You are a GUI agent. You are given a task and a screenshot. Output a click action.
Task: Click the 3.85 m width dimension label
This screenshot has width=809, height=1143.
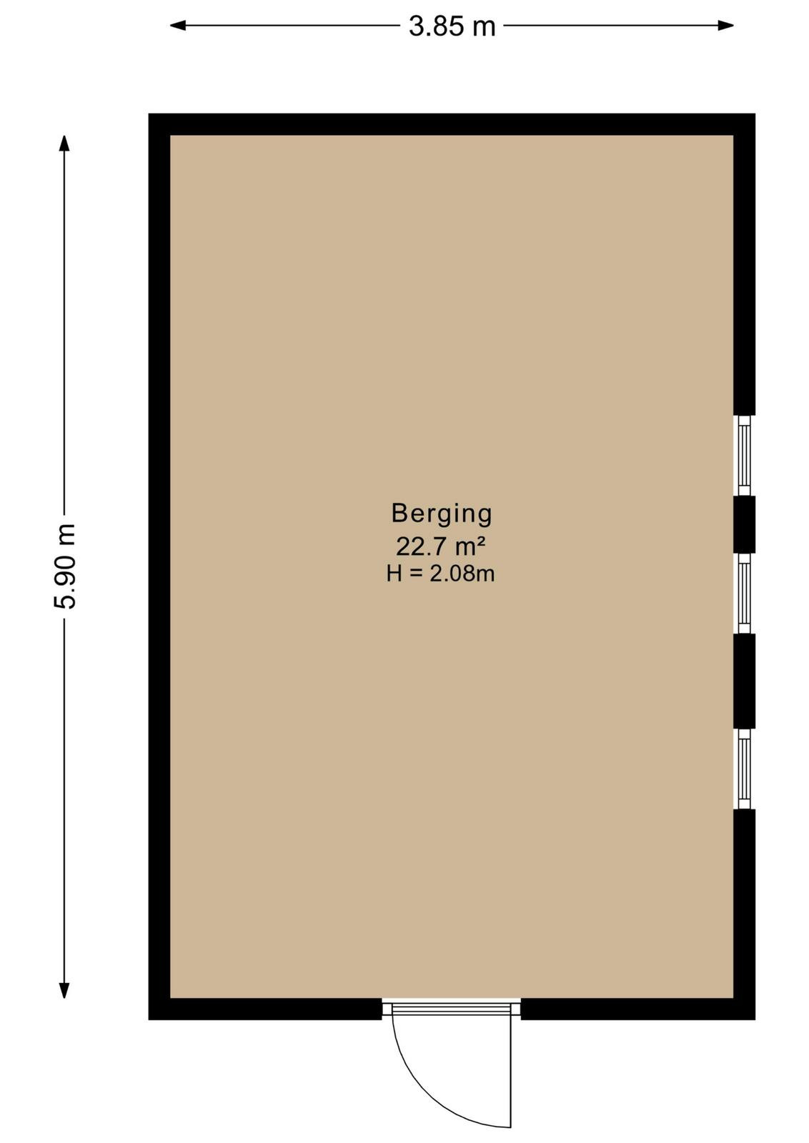coord(452,26)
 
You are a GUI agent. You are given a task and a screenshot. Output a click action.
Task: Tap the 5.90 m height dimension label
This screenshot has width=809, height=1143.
coord(65,566)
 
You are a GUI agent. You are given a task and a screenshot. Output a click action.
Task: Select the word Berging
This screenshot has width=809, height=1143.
coord(442,514)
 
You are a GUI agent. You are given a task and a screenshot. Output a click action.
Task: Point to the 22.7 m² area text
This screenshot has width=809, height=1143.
coord(440,547)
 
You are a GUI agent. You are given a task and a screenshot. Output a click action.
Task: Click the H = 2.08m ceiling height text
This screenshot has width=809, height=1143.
coord(440,574)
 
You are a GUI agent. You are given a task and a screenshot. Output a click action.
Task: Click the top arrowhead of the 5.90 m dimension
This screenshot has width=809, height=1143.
coord(64,143)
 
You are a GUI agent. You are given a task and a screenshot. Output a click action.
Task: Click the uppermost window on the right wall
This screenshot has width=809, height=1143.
coord(744,455)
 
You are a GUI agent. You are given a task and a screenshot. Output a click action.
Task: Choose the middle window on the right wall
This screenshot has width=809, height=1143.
coord(744,593)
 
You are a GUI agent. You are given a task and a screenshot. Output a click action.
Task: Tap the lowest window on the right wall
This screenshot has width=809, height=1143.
coord(744,769)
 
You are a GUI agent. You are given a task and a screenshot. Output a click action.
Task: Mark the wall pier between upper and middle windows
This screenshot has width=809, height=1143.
coord(744,524)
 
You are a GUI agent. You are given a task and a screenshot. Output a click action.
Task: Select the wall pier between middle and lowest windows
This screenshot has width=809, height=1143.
coord(744,682)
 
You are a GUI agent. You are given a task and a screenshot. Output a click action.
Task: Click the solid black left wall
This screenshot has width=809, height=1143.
coord(159,566)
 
